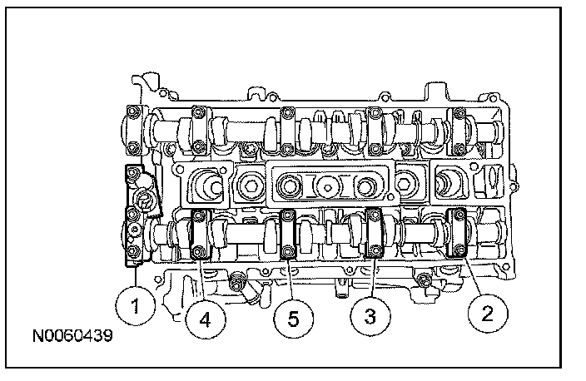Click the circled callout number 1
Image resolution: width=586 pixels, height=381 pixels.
(x=135, y=305)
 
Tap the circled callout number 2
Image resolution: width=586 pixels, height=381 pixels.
(x=487, y=313)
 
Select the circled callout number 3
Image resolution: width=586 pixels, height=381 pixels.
(x=370, y=315)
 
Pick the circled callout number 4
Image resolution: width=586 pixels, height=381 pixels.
(x=205, y=319)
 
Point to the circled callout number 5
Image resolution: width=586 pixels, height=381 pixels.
(x=293, y=319)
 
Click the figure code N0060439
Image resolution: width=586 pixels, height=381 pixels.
(x=72, y=336)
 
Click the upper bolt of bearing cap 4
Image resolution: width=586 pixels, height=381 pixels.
(x=199, y=215)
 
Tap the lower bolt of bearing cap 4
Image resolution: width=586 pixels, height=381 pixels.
(x=198, y=251)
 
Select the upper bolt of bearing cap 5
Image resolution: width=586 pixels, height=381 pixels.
(x=287, y=215)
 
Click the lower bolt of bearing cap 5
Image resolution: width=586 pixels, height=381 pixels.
(x=287, y=250)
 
